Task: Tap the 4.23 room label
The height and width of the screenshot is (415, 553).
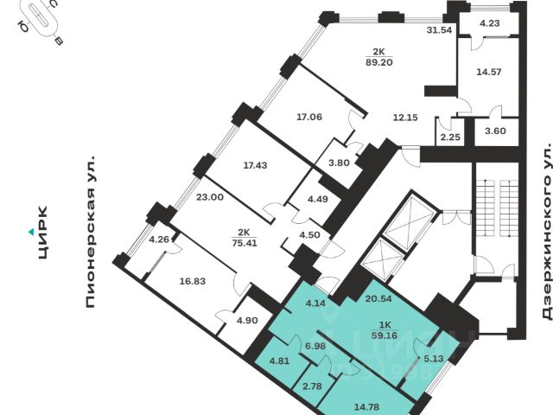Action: (x=491, y=23)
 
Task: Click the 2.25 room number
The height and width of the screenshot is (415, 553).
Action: (x=449, y=136)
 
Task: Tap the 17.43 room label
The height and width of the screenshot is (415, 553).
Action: (x=256, y=164)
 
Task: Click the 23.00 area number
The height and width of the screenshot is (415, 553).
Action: (x=210, y=197)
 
